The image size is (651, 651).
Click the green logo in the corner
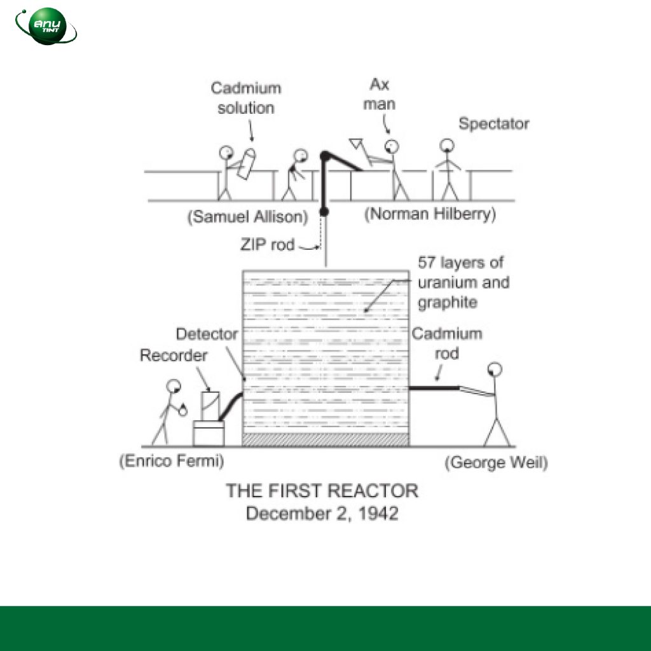point(46,26)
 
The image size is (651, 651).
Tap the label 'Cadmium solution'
point(246,98)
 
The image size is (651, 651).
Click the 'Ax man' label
point(380,94)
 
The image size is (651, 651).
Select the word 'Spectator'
point(493,123)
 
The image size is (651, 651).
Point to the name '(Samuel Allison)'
point(247,217)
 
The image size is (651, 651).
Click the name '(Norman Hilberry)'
point(430,214)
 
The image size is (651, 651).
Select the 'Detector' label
point(207,334)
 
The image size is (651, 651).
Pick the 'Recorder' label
point(173,355)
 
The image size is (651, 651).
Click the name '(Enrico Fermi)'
point(172,461)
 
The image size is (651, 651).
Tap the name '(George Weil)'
point(495,462)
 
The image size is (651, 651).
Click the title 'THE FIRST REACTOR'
point(322,491)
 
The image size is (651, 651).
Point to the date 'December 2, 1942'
point(322,513)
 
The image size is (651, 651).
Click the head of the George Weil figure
point(494,369)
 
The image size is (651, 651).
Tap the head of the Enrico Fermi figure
point(173,385)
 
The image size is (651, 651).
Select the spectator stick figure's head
point(449,146)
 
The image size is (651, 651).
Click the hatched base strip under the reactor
point(325,439)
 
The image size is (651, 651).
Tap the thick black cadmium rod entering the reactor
point(432,387)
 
